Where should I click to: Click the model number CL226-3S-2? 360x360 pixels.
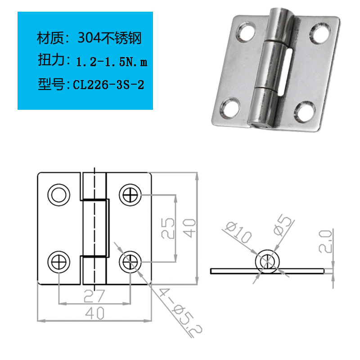point(108,85)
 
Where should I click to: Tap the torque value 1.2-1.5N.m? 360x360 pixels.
point(112,62)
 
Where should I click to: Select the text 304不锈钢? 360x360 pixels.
point(109,38)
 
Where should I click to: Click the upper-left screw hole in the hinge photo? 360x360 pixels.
point(246,31)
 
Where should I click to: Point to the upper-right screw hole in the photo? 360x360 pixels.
point(320,33)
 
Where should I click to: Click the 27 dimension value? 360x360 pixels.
point(94,296)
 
